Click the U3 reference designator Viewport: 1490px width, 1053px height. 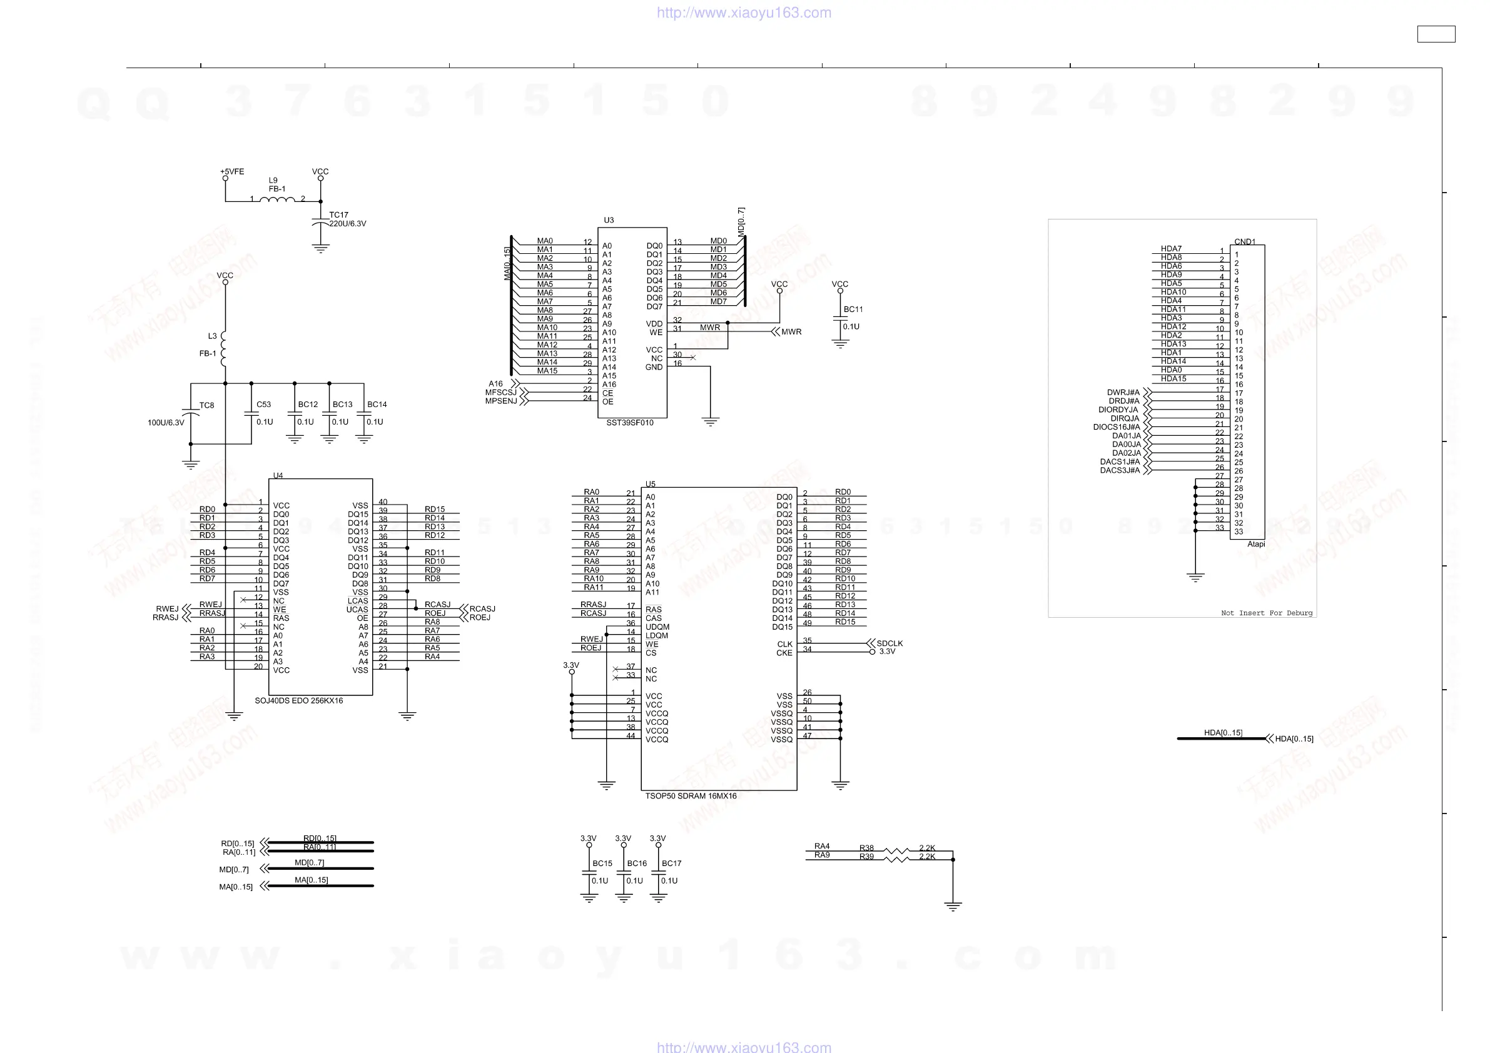point(608,221)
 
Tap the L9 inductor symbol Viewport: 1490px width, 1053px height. point(277,199)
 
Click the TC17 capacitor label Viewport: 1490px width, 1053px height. point(338,214)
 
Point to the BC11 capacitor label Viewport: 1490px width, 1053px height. point(853,310)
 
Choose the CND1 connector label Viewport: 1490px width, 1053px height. point(1244,242)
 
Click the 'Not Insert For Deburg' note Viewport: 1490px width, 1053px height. point(1266,613)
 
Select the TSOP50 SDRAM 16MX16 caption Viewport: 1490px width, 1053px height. point(691,796)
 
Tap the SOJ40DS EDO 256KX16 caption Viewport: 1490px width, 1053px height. point(298,701)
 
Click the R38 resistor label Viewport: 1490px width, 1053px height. point(866,848)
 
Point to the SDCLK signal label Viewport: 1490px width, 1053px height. point(889,643)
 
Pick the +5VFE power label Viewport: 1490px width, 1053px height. point(231,172)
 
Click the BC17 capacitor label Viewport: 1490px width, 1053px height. point(671,864)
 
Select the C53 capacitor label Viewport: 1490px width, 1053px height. point(263,404)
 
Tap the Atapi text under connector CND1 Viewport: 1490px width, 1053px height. point(1255,545)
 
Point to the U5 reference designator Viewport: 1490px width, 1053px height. point(651,485)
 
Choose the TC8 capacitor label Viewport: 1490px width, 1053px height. point(206,405)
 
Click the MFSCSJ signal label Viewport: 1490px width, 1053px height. point(500,393)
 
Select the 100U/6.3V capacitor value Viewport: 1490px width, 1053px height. point(166,423)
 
